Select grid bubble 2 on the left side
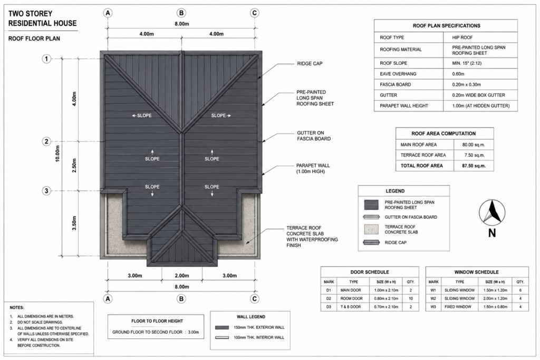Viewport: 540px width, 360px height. pyautogui.click(x=46, y=141)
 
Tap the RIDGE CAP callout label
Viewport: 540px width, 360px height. pyautogui.click(x=310, y=64)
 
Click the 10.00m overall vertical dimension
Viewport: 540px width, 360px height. pyautogui.click(x=57, y=153)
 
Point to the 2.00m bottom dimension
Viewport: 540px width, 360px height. pyautogui.click(x=182, y=275)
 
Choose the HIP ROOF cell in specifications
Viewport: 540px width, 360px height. pyautogui.click(x=462, y=37)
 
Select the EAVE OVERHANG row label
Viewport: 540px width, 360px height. pyautogui.click(x=398, y=74)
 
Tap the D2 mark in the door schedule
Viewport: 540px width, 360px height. pyautogui.click(x=329, y=298)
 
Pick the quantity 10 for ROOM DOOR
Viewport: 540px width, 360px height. pyautogui.click(x=410, y=298)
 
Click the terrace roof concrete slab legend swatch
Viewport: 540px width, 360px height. pyautogui.click(x=371, y=229)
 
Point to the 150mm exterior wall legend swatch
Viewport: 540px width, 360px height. pyautogui.click(x=222, y=327)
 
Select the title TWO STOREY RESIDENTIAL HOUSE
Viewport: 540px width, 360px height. pyautogui.click(x=42, y=18)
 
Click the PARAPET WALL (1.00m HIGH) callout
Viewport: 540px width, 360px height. pyautogui.click(x=313, y=169)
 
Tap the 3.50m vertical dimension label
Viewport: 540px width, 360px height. pyautogui.click(x=74, y=223)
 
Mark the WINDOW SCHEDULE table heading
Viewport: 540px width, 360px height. pyautogui.click(x=477, y=272)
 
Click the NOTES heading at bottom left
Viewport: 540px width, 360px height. pyautogui.click(x=17, y=308)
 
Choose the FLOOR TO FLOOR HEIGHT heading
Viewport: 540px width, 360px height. pyautogui.click(x=157, y=321)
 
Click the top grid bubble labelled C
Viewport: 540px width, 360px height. pyautogui.click(x=255, y=13)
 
